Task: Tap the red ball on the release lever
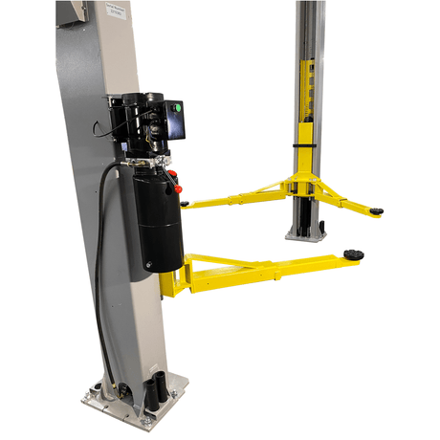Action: point(173,175)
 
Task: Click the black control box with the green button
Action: point(175,119)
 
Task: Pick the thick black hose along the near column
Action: point(100,258)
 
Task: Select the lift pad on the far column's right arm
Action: point(377,210)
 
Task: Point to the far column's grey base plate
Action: point(305,232)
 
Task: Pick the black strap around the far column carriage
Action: point(305,144)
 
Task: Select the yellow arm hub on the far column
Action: point(305,182)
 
